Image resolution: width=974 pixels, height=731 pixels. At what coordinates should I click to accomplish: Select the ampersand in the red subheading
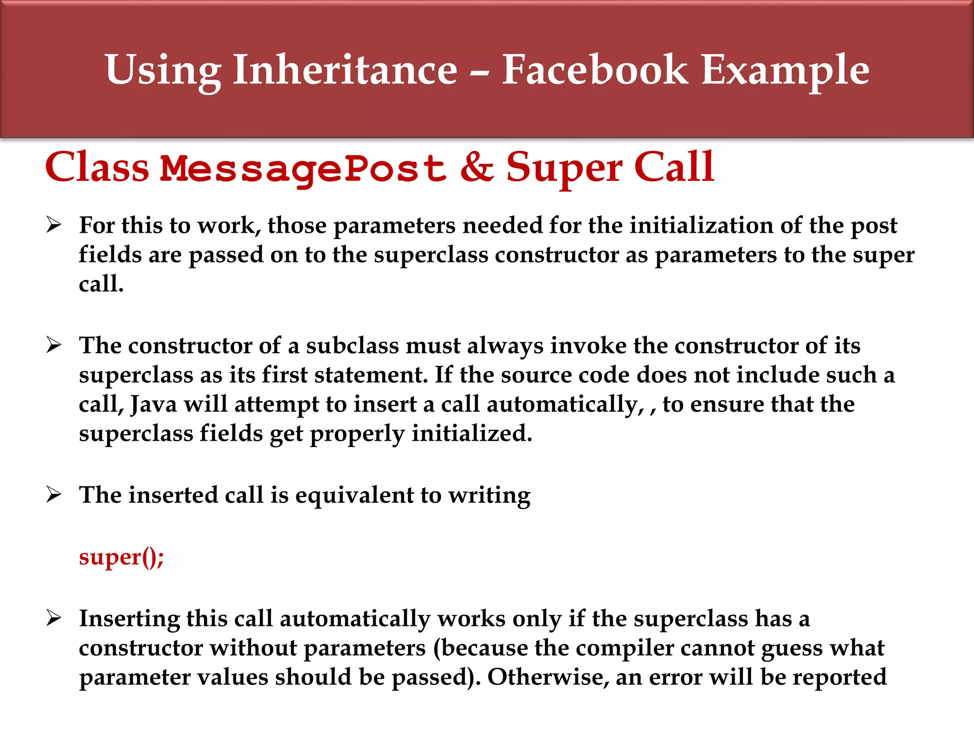coord(477,167)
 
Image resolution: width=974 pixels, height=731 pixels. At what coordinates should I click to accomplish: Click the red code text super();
coord(121,557)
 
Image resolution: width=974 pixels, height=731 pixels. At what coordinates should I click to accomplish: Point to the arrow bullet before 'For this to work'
coord(54,224)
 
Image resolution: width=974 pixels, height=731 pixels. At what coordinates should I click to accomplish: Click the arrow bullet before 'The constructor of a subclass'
coord(54,345)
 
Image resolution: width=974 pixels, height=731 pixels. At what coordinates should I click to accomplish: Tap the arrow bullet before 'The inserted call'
coord(54,494)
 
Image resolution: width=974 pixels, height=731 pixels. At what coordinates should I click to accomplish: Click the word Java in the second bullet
coord(153,404)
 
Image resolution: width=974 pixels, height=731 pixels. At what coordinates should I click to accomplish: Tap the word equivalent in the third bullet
coord(354,495)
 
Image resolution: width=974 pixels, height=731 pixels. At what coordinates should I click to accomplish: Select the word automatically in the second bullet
coord(565,404)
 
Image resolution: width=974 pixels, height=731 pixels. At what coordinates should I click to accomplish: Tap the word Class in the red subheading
coord(97,167)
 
